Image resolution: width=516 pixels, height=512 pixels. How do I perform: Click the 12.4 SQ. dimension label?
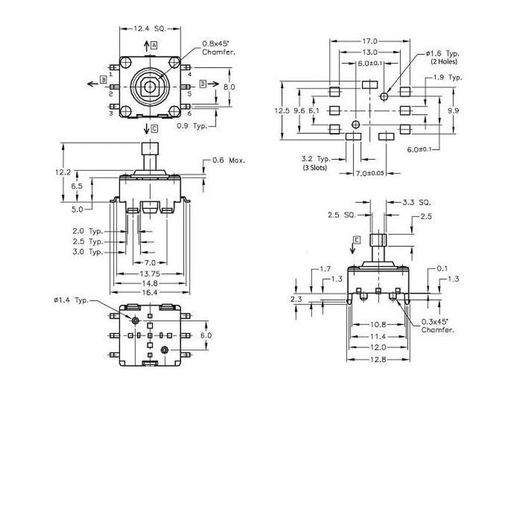click(150, 29)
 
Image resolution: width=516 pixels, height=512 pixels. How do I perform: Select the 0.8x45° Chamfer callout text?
click(219, 48)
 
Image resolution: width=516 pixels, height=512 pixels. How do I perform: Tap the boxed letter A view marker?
click(154, 46)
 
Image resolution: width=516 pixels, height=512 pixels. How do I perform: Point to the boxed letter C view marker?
click(155, 129)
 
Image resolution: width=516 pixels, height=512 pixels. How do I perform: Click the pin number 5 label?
click(189, 94)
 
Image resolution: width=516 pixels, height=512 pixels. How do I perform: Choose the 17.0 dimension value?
click(370, 41)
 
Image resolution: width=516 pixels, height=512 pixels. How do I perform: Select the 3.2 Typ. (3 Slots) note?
click(316, 163)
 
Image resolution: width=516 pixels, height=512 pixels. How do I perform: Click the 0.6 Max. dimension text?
click(229, 160)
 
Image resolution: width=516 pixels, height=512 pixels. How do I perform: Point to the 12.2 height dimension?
click(63, 172)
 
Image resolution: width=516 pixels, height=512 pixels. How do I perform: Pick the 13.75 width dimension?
click(149, 274)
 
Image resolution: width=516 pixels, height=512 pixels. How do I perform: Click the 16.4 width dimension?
click(149, 292)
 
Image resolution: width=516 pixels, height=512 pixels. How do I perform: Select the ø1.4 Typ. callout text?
click(71, 300)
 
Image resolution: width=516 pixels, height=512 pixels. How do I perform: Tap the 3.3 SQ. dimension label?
click(416, 202)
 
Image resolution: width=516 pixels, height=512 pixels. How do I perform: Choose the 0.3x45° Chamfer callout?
click(437, 326)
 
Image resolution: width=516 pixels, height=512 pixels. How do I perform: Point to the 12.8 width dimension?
click(378, 359)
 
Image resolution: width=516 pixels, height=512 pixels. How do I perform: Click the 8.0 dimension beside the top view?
click(229, 87)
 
